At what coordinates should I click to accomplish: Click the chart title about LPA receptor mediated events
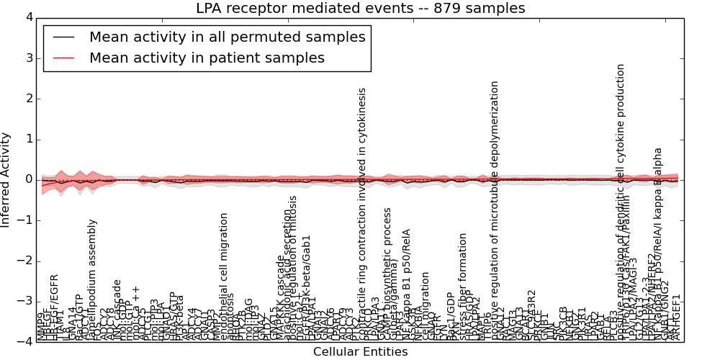coord(360,9)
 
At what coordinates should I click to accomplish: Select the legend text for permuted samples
coord(227,37)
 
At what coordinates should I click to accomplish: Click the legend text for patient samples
coord(207,58)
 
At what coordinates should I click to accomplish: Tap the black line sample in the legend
coord(63,37)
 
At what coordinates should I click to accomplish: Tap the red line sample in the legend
coord(63,58)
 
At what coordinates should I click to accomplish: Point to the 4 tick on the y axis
coord(29,17)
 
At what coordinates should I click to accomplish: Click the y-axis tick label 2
coord(29,99)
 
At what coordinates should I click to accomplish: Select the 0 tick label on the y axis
coord(29,179)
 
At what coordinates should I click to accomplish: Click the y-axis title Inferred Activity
coord(6,180)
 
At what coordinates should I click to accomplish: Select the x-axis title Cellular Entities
coord(360,351)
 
